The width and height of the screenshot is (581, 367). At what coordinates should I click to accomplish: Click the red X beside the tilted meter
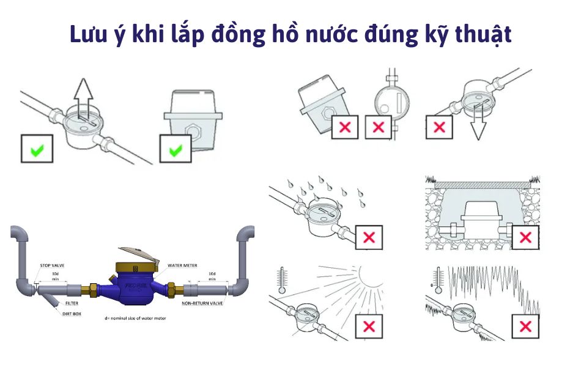(x=345, y=127)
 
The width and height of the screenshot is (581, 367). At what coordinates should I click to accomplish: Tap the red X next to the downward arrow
(x=439, y=127)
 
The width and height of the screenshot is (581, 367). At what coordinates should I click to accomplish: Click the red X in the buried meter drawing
(x=525, y=237)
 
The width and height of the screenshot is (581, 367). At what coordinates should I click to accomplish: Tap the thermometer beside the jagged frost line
(x=438, y=278)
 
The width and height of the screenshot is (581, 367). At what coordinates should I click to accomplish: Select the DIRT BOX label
(x=71, y=313)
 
